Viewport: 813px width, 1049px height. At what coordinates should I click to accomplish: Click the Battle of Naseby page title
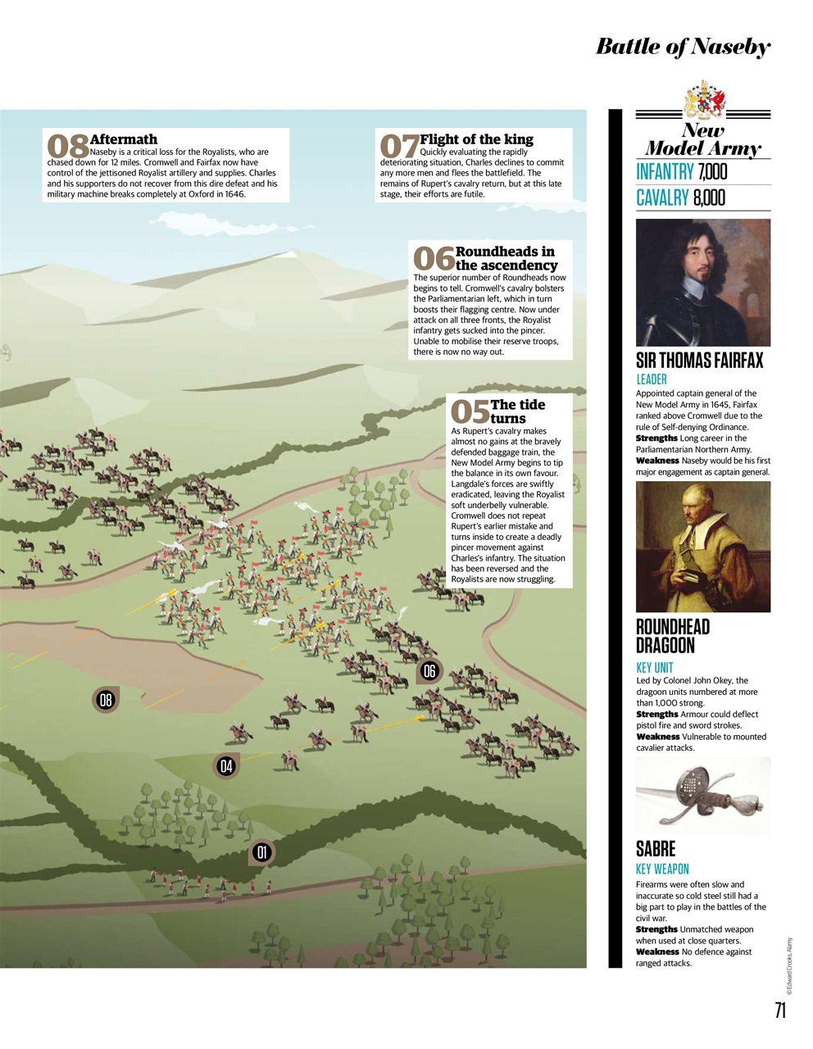tap(683, 47)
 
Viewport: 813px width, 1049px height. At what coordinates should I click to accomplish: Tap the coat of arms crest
tap(704, 101)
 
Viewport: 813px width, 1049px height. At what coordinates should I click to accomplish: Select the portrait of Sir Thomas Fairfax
tap(703, 282)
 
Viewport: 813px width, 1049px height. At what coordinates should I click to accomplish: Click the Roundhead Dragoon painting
tap(703, 546)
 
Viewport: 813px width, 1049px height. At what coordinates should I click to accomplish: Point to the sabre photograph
tap(703, 795)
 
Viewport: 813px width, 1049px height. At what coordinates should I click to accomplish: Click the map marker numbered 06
tap(429, 671)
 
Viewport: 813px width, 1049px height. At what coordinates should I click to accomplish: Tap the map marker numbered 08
tap(105, 700)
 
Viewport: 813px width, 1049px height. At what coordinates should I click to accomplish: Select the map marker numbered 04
tap(226, 766)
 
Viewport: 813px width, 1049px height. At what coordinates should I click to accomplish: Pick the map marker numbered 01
tap(261, 852)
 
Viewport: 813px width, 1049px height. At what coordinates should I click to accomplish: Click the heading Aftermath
tap(124, 139)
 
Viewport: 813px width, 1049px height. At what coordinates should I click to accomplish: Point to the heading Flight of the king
tap(476, 139)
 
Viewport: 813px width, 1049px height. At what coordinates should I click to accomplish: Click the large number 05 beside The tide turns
tap(470, 411)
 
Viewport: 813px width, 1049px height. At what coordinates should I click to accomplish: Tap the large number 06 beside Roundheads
tap(433, 259)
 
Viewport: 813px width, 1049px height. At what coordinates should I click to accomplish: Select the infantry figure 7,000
tap(712, 172)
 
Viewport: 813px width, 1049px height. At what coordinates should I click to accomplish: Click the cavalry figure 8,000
tap(709, 198)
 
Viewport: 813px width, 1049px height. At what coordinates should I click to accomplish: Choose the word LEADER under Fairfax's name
tap(652, 379)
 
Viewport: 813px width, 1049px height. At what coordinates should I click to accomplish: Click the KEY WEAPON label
tap(662, 869)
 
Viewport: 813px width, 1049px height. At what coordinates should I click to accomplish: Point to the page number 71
tap(779, 1010)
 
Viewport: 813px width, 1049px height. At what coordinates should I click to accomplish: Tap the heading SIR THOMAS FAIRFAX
tap(699, 361)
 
